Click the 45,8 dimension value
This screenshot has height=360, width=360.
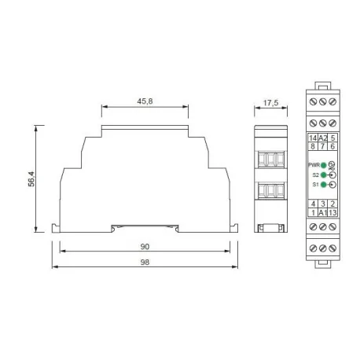coord(145,101)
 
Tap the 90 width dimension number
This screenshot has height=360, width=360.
coord(145,246)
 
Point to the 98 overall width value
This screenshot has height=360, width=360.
coord(145,264)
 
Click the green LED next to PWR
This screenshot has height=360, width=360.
coord(323,165)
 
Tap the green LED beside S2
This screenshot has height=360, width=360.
coord(323,174)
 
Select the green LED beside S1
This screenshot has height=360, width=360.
coord(323,185)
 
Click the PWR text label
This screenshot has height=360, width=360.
coord(313,165)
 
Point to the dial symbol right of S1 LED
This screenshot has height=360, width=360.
coord(332,185)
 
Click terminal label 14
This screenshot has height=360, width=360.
coord(312,138)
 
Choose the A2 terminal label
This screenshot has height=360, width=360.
coord(322,138)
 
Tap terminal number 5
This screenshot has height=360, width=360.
coord(332,138)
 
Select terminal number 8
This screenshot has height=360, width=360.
coord(312,146)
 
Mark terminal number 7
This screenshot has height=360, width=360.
coord(322,146)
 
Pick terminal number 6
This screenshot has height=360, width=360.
coord(332,146)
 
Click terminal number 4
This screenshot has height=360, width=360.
coord(312,204)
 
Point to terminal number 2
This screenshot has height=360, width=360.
coord(332,204)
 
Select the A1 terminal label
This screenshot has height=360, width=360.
coord(322,212)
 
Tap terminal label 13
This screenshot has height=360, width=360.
coord(332,212)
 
